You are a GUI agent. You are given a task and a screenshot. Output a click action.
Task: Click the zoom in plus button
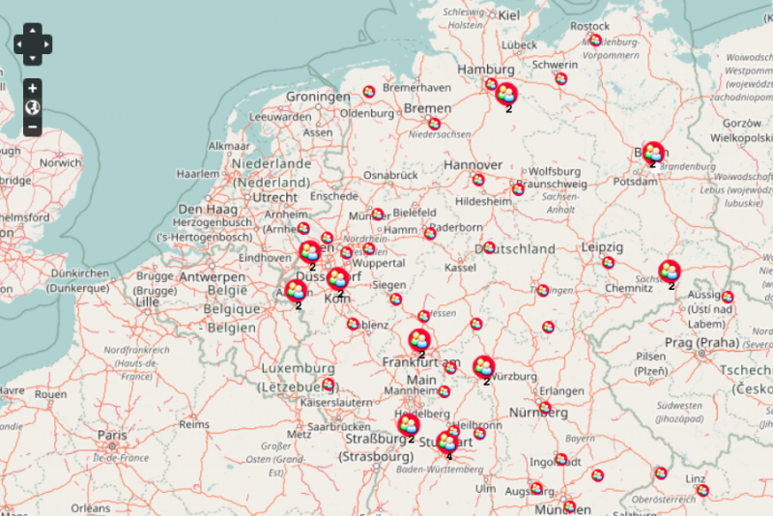click(32, 88)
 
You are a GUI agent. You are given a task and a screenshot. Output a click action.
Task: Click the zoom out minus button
click(32, 127)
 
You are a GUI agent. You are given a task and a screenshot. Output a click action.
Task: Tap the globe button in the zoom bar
click(32, 107)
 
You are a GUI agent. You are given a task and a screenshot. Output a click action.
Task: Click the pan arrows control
click(32, 43)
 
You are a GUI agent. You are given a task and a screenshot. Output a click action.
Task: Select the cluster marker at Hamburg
click(505, 94)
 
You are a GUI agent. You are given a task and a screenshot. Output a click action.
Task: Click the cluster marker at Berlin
click(653, 153)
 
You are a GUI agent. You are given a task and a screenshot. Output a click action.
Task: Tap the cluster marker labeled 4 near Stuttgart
click(447, 443)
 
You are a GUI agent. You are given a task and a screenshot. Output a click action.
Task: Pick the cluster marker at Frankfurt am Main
click(419, 340)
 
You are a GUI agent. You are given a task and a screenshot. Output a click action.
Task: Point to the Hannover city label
click(473, 165)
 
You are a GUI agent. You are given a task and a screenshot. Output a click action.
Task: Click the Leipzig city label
click(602, 248)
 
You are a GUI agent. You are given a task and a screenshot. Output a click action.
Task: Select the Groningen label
click(318, 98)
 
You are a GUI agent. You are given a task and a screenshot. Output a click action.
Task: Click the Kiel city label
click(509, 14)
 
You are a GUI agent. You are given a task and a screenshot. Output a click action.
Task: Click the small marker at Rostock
click(595, 41)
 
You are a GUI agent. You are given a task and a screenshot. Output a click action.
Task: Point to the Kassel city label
click(460, 267)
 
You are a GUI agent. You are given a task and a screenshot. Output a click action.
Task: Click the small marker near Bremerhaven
click(368, 92)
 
